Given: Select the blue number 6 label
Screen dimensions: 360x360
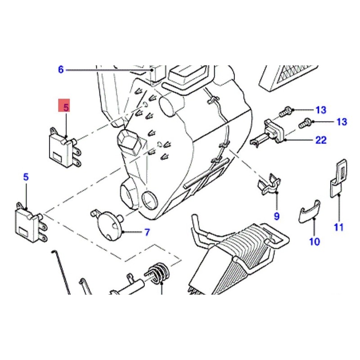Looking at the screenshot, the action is [61, 69].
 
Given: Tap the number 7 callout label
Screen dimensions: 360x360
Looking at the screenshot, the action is [147, 232].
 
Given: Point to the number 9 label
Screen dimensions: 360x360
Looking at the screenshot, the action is [277, 216].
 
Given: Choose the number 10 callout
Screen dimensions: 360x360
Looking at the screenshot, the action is [314, 242].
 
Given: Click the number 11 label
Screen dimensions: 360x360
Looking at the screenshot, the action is [339, 227].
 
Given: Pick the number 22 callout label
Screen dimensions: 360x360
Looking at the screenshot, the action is [321, 140].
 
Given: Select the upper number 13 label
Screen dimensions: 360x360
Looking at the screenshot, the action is [321, 110].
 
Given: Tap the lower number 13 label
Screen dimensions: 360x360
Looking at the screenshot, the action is [342, 121].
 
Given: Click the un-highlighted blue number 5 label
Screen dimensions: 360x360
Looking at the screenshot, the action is [26, 177].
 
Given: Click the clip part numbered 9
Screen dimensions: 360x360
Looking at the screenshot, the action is [269, 184].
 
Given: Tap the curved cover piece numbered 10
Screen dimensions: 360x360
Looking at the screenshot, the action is [310, 211].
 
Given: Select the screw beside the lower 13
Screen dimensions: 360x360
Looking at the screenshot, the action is [305, 123].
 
